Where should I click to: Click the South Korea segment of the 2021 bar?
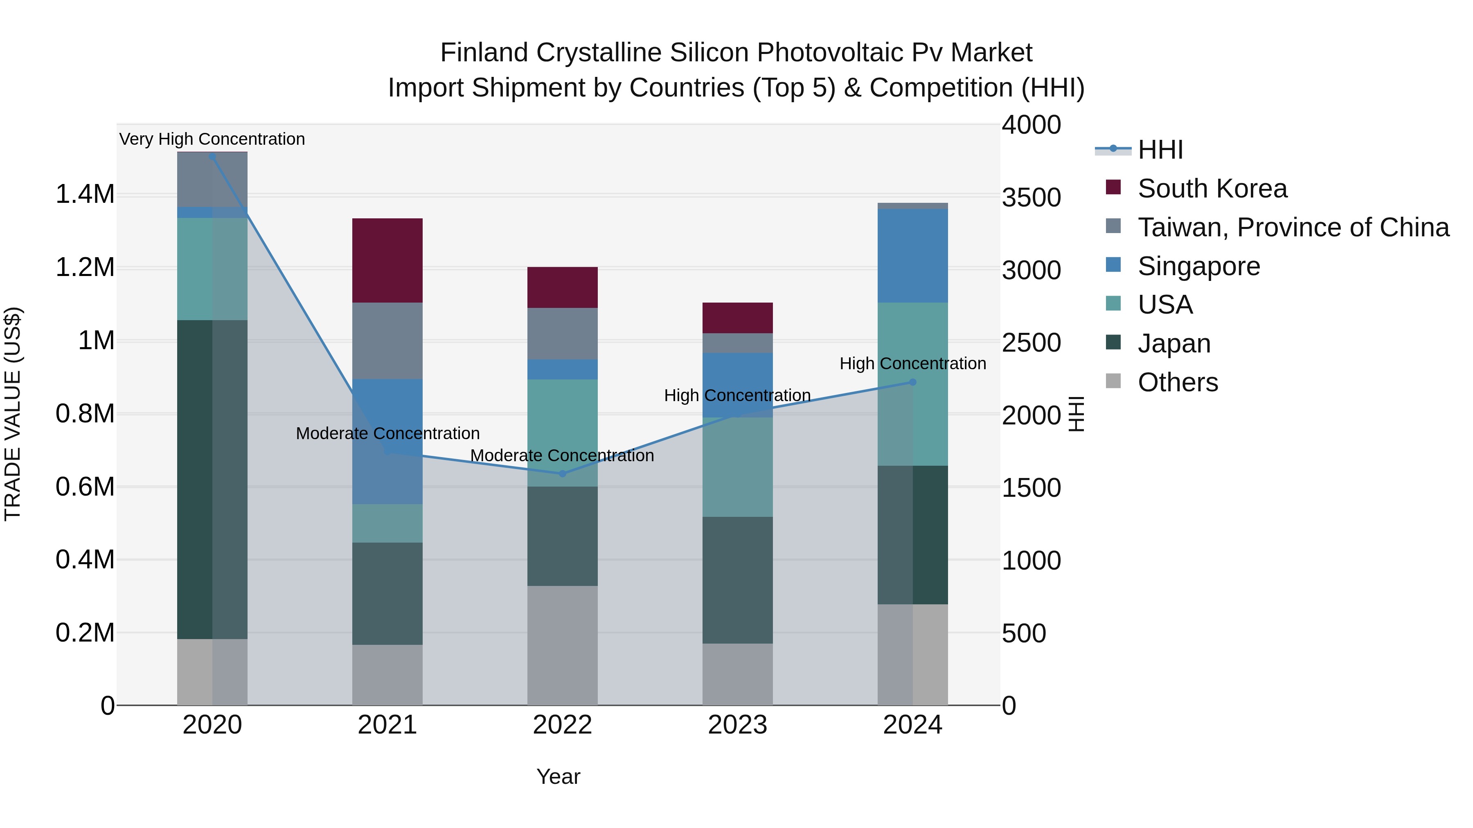pyautogui.click(x=387, y=260)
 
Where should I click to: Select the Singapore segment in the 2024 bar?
pyautogui.click(x=912, y=256)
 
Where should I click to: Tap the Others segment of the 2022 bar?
pyautogui.click(x=562, y=645)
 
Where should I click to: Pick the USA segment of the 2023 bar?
pyautogui.click(x=737, y=467)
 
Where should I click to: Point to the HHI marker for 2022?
pyautogui.click(x=562, y=474)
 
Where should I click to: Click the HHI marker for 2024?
pyautogui.click(x=912, y=382)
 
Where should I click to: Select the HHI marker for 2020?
pyautogui.click(x=212, y=157)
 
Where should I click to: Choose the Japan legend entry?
pyautogui.click(x=1173, y=343)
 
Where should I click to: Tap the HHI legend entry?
pyautogui.click(x=1160, y=150)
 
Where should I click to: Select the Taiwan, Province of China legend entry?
pyautogui.click(x=1292, y=227)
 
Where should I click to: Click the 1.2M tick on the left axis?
pyautogui.click(x=85, y=267)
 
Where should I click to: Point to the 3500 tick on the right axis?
pyautogui.click(x=1031, y=198)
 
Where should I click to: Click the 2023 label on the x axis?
pyautogui.click(x=737, y=725)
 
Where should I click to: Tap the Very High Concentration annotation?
pyautogui.click(x=212, y=139)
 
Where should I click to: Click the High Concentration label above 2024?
pyautogui.click(x=912, y=364)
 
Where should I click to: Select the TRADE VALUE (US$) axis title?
pyautogui.click(x=13, y=414)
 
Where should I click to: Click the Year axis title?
pyautogui.click(x=558, y=776)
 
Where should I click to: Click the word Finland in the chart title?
pyautogui.click(x=484, y=53)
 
